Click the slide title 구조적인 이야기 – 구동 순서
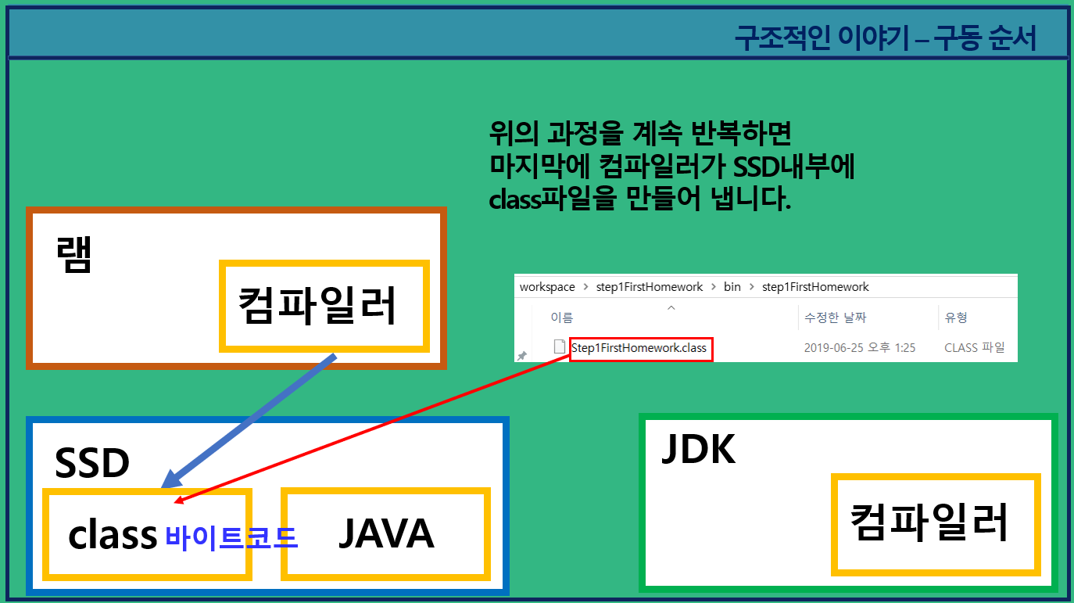click(x=885, y=38)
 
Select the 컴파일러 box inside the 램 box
click(x=324, y=305)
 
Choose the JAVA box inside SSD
click(x=385, y=534)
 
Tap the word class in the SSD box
click(x=113, y=535)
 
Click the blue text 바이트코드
click(x=231, y=537)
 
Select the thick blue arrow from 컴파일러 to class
click(x=250, y=420)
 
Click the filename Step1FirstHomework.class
click(x=639, y=347)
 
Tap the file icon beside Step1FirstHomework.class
click(x=559, y=346)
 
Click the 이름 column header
click(x=561, y=318)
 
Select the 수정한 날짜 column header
click(x=835, y=318)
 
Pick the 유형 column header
click(x=956, y=318)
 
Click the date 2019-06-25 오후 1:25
click(x=859, y=347)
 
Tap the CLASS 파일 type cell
click(x=974, y=347)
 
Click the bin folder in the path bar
click(x=732, y=287)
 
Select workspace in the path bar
click(x=547, y=287)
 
